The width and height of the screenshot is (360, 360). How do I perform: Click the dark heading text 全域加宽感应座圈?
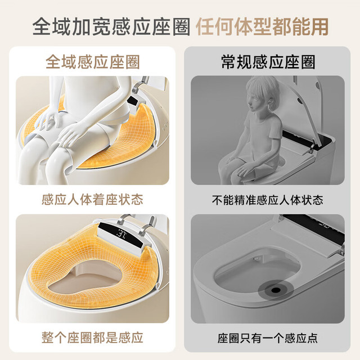111,27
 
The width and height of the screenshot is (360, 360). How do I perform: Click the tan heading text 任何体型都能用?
262,27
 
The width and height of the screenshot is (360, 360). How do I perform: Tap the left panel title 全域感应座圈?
93,62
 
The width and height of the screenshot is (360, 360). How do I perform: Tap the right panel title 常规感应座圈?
268,62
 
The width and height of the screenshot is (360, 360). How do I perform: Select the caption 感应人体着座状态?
92,199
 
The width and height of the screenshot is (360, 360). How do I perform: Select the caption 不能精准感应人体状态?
268,200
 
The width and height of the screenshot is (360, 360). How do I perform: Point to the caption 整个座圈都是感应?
92,337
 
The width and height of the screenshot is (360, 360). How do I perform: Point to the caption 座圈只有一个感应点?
268,338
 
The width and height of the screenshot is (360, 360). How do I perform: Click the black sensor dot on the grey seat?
276,290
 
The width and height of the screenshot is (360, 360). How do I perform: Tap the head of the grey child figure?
262,93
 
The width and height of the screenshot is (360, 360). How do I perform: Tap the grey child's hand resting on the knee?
244,170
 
